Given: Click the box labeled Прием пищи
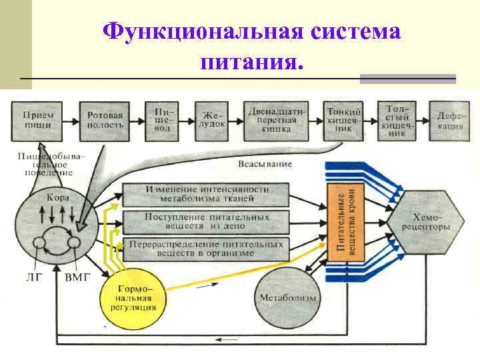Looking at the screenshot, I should (39, 119).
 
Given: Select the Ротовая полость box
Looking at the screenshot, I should (105, 119).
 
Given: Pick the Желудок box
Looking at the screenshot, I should (211, 119).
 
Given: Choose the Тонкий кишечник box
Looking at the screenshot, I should (344, 119).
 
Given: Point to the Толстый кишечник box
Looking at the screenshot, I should (397, 119).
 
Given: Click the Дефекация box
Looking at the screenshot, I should (451, 119).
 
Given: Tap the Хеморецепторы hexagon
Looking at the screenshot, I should (427, 222).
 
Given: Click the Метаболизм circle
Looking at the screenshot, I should (287, 297).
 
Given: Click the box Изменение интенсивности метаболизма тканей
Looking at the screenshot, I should (207, 194).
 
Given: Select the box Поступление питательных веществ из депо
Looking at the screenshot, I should (207, 221).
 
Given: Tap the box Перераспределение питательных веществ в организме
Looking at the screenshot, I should (207, 249).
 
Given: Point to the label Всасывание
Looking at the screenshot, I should (264, 164).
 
